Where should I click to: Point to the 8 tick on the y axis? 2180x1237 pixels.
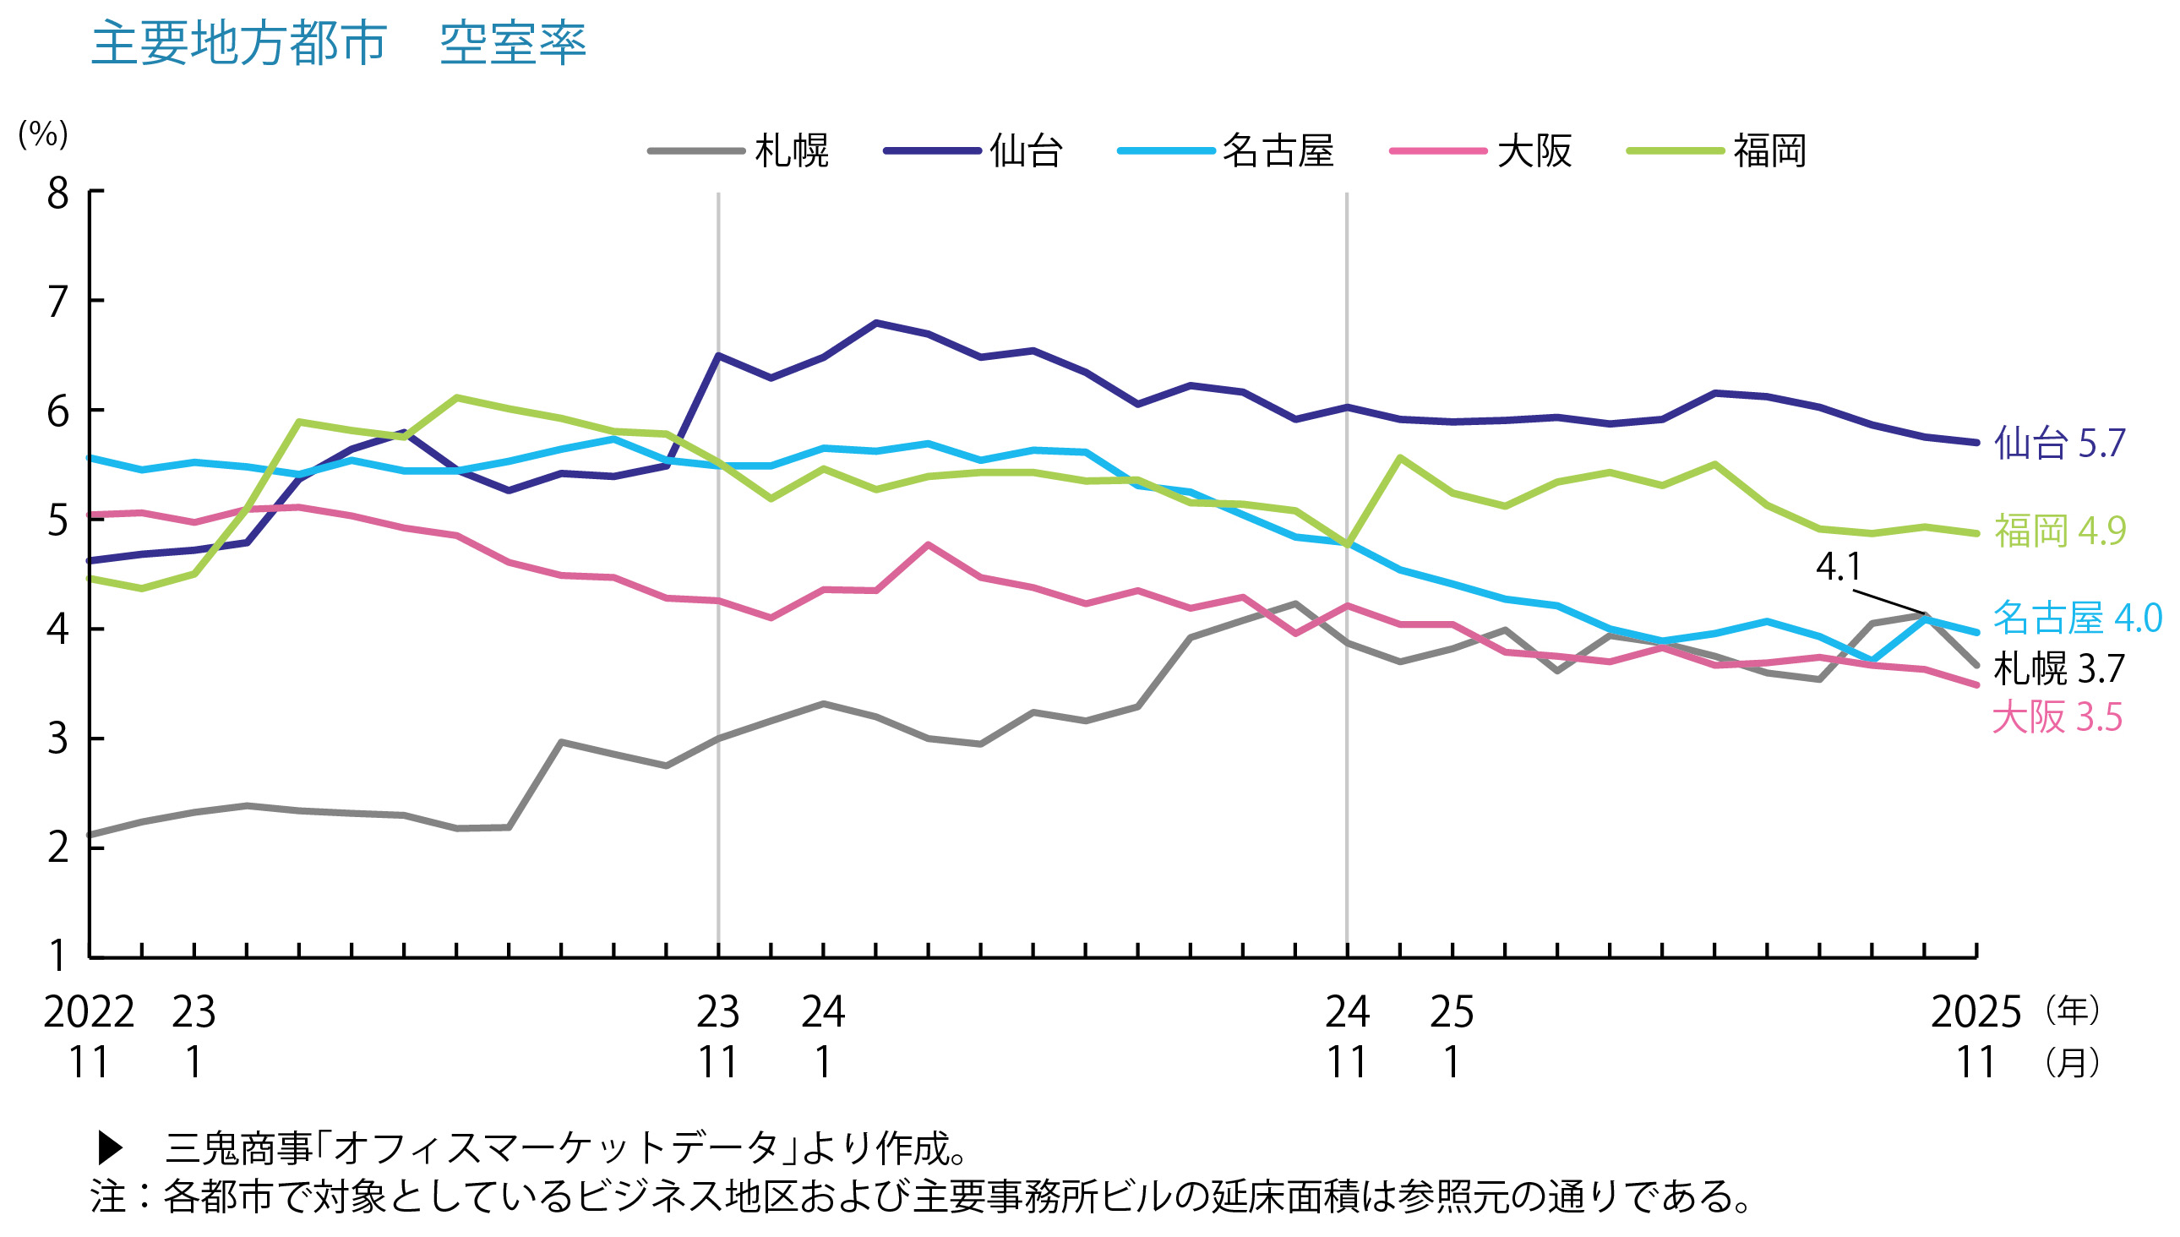coord(57,193)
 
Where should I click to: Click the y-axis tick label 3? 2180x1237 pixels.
coord(57,738)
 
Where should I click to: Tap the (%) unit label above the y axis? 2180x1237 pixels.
coord(42,134)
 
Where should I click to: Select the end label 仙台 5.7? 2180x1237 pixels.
coord(2058,444)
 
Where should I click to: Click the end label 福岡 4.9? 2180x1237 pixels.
coord(2059,531)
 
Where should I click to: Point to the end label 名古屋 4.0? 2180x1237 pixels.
coord(2076,618)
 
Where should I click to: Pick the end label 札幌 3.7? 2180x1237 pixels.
coord(2058,668)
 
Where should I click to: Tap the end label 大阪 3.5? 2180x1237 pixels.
coord(2057,717)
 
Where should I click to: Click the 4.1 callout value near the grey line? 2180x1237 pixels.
coord(1838,567)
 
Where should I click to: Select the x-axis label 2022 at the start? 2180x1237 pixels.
coord(89,1012)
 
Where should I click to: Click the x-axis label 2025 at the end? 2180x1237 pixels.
coord(1976,1012)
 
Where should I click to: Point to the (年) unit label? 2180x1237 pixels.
coord(2072,1011)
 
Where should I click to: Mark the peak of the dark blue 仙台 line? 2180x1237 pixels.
coord(876,323)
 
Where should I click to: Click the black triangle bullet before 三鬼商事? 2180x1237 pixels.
coord(111,1147)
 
